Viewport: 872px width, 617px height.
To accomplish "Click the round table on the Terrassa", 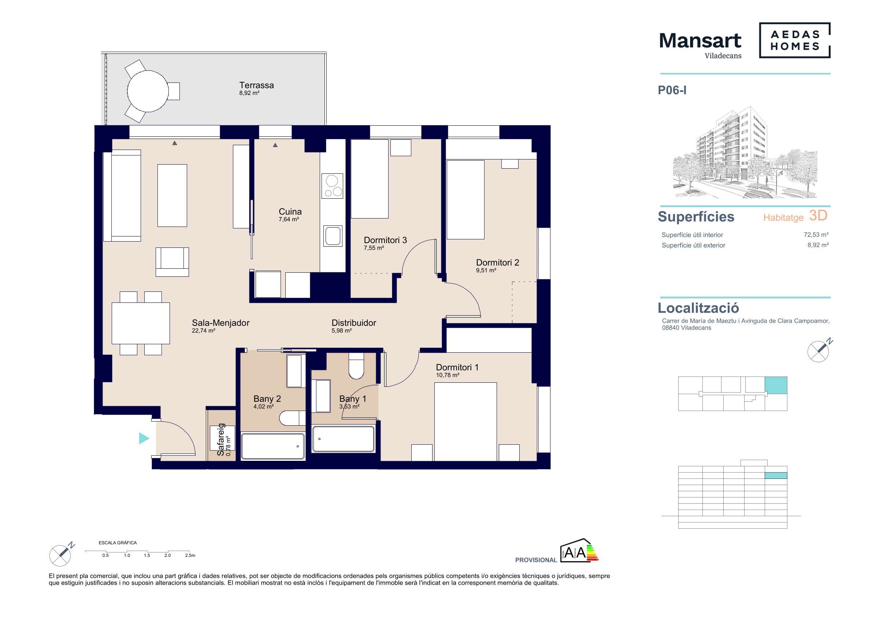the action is click(x=147, y=91).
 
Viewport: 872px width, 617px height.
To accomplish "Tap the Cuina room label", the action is click(x=290, y=212).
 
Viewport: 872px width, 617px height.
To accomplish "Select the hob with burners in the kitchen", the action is click(x=332, y=186).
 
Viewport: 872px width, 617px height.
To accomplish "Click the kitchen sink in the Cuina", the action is click(x=333, y=236).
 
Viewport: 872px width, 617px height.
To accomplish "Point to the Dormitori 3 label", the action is click(x=385, y=240).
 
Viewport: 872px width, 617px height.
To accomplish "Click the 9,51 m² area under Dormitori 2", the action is click(x=486, y=271).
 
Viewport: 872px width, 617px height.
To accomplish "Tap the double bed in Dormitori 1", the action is click(x=465, y=422).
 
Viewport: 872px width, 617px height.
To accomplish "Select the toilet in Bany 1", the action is click(x=356, y=366).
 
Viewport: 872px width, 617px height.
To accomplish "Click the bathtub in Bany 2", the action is click(x=273, y=446).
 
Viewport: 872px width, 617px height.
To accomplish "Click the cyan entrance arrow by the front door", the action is click(x=144, y=438).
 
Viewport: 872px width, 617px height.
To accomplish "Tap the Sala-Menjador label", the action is click(x=221, y=323).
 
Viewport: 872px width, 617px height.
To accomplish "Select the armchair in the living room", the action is click(x=172, y=262).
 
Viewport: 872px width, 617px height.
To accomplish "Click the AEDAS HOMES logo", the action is click(x=794, y=40).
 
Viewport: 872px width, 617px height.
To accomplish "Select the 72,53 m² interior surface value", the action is click(x=816, y=235).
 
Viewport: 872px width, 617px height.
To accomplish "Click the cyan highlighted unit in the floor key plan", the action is click(x=776, y=385).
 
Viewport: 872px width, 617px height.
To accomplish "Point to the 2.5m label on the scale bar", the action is click(x=190, y=555).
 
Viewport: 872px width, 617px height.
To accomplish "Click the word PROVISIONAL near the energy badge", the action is click(x=536, y=560).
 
